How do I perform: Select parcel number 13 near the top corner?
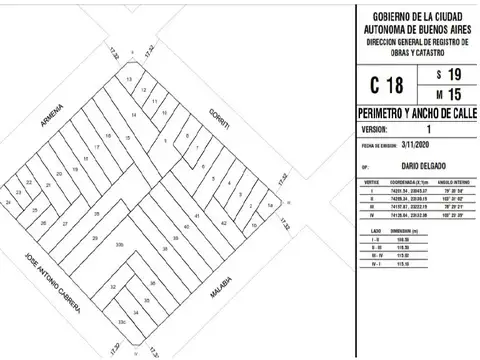point(129,79)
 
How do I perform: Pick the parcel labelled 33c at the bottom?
point(121,323)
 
